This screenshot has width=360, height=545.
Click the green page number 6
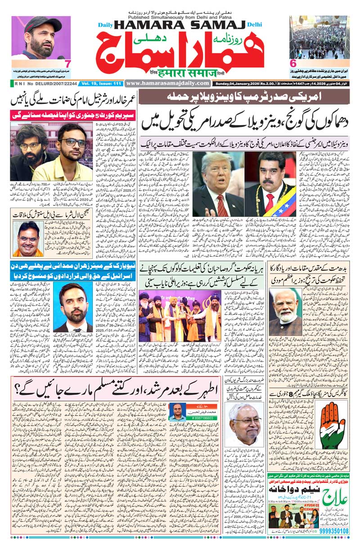pyautogui.click(x=293, y=63)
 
